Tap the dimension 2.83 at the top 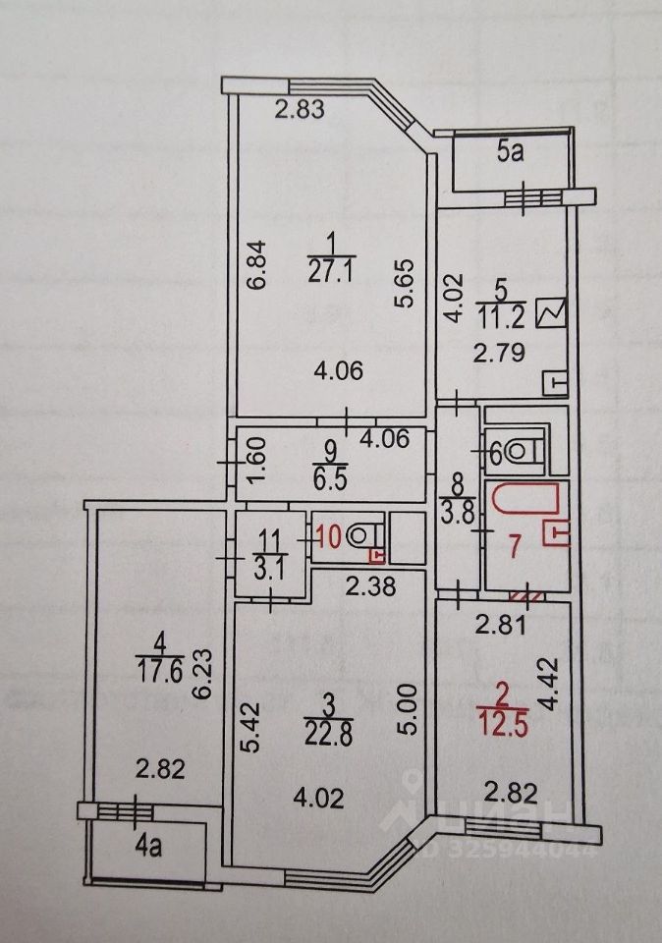(x=299, y=111)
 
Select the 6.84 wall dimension (x=254, y=265)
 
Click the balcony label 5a (x=508, y=152)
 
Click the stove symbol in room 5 (x=553, y=311)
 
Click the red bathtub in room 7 (x=524, y=498)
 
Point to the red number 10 (x=329, y=536)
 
